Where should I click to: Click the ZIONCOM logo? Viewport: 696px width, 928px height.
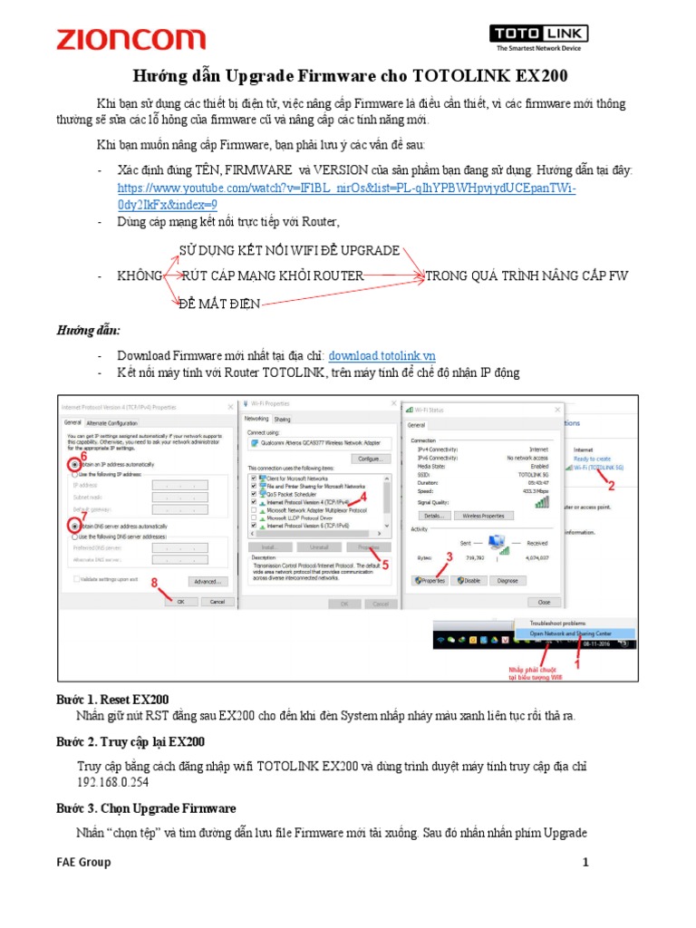(x=130, y=39)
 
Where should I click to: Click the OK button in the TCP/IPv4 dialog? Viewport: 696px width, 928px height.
(x=180, y=601)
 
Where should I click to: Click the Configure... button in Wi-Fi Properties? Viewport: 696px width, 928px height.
(x=369, y=459)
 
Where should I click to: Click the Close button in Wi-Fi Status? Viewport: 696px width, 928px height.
(x=544, y=601)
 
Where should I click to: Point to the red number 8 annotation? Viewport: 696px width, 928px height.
(x=155, y=583)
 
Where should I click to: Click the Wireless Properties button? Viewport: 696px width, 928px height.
(x=483, y=515)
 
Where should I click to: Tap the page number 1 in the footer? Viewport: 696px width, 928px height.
(x=585, y=862)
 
